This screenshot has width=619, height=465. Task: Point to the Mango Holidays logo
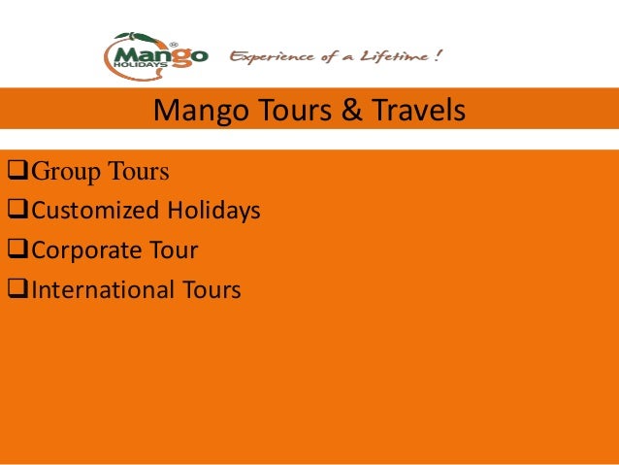[x=154, y=56]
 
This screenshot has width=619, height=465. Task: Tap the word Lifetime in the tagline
[x=392, y=55]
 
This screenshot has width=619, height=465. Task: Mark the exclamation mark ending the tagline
[x=440, y=55]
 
